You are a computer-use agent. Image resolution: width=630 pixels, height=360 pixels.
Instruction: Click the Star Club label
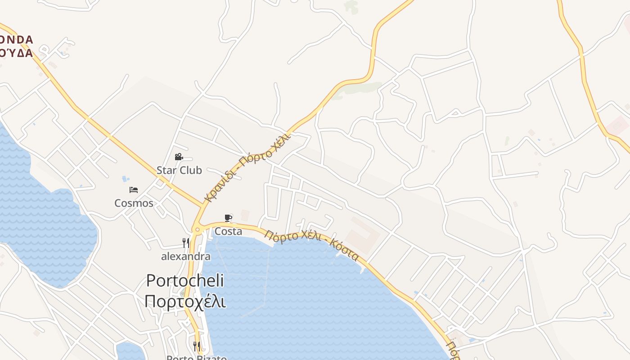179,170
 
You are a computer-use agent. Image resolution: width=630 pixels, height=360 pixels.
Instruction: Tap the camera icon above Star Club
179,157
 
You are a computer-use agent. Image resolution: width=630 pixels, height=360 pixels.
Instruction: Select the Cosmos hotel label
134,203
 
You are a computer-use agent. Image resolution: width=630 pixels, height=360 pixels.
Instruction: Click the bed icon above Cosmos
133,189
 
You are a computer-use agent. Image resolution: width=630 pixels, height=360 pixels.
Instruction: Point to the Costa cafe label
228,231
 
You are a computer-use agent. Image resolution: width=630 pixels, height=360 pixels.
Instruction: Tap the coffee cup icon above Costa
228,218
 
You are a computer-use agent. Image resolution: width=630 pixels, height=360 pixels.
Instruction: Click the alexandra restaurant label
186,256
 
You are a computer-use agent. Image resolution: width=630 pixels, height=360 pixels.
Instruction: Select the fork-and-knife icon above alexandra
185,243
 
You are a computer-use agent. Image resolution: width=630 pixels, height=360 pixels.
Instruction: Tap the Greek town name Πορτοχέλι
185,301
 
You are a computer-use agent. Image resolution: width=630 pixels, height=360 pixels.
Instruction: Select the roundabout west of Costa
197,229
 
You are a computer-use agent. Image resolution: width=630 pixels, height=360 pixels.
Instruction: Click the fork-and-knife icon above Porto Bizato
197,346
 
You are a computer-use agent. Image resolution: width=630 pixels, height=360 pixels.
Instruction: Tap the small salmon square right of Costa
245,215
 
